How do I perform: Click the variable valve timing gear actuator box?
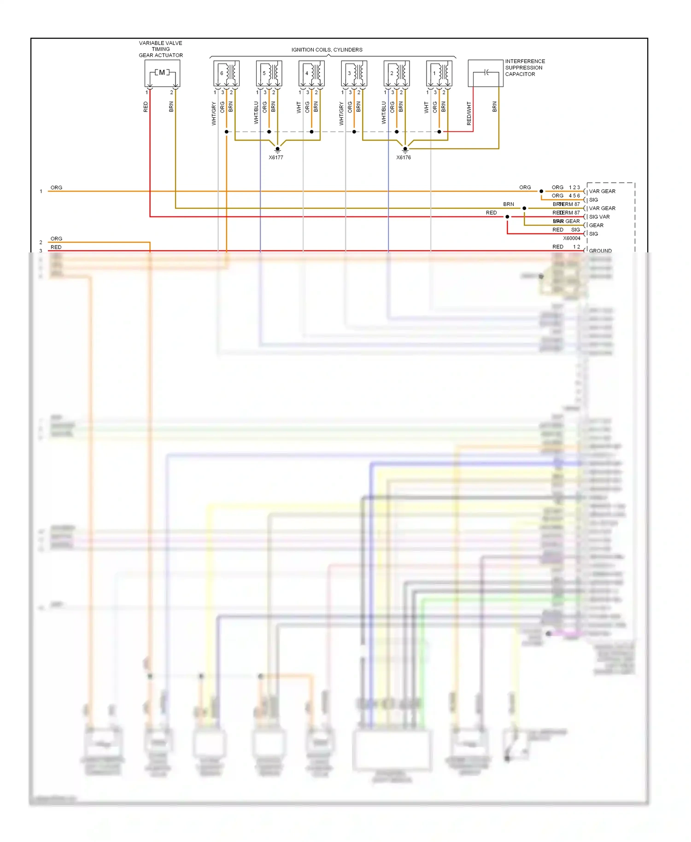(x=162, y=74)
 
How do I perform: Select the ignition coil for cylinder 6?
(x=226, y=74)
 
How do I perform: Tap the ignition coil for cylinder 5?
(x=269, y=74)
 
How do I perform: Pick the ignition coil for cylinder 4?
(x=311, y=74)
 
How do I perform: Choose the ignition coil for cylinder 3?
(x=354, y=74)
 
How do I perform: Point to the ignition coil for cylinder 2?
(x=397, y=74)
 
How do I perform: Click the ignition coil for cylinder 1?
(x=439, y=74)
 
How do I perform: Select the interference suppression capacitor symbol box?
(x=486, y=73)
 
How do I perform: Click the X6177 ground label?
(x=276, y=158)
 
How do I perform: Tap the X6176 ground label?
(x=404, y=158)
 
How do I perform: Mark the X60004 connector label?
(x=572, y=238)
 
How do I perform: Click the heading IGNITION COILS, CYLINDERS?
(x=327, y=50)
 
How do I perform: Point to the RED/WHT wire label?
(x=469, y=114)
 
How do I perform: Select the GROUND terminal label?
(x=600, y=251)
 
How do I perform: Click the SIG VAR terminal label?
(x=599, y=217)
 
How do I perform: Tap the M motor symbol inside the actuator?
(x=162, y=73)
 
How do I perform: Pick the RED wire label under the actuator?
(x=146, y=107)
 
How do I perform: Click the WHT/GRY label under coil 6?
(x=214, y=114)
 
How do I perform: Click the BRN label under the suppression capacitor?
(x=494, y=107)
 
